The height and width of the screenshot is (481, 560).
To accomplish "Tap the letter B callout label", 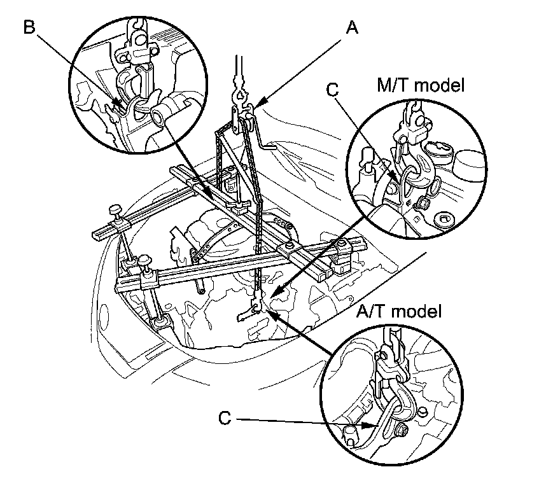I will tap(29, 27).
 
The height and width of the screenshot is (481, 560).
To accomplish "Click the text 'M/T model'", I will tap(419, 85).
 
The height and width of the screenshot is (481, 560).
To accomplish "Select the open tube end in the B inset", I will tap(157, 116).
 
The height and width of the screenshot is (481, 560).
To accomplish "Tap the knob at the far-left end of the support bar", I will tap(116, 209).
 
